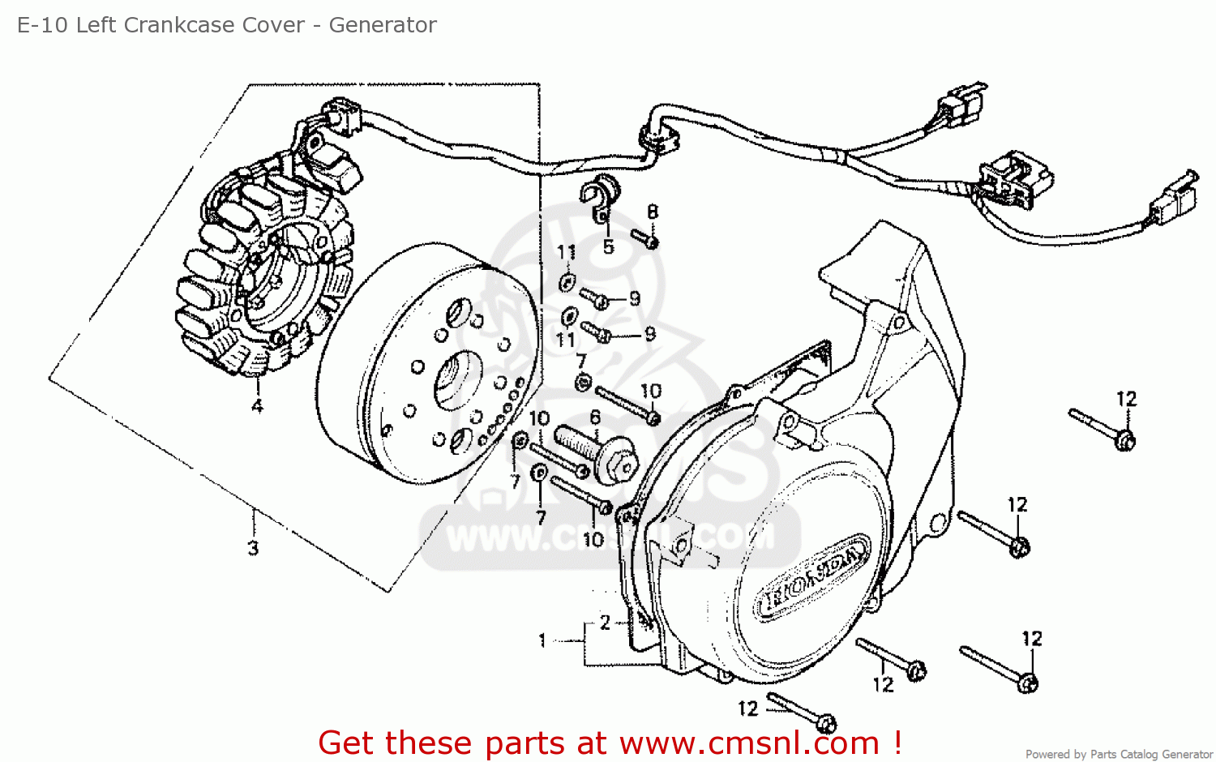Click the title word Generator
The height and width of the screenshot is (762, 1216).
pos(382,25)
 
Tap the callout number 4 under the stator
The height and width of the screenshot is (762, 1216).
pos(257,406)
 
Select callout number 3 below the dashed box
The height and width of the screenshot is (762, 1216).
pos(253,548)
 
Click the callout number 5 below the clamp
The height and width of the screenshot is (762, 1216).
pos(608,246)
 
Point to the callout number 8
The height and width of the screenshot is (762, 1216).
pos(653,212)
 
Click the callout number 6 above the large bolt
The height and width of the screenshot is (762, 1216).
pos(595,417)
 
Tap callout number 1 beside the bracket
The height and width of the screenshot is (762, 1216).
pos(542,640)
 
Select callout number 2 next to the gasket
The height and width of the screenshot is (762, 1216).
pos(605,623)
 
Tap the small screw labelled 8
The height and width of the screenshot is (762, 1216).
pos(645,239)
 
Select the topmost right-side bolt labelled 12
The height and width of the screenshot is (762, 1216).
pos(1103,429)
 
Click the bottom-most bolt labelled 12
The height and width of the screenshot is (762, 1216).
pos(803,711)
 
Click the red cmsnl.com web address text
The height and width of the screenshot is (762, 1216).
pos(749,742)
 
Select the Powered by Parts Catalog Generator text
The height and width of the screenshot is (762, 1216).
pos(1119,754)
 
